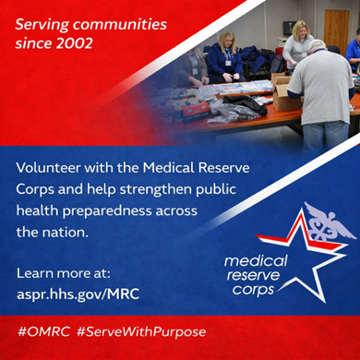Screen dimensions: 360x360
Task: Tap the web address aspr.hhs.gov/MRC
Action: click(x=77, y=293)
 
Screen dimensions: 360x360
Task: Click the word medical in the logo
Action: click(x=256, y=262)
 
